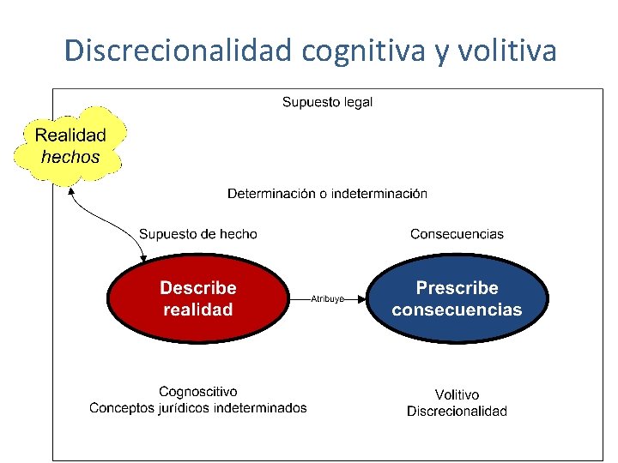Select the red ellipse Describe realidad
pyautogui.click(x=197, y=298)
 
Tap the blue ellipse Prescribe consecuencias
pyautogui.click(x=457, y=298)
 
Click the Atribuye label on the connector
pyautogui.click(x=327, y=299)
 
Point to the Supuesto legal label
pyautogui.click(x=327, y=102)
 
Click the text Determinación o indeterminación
pyautogui.click(x=327, y=194)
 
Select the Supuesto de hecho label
pyautogui.click(x=197, y=234)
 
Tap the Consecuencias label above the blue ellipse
pyautogui.click(x=457, y=234)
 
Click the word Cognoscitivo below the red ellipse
pyautogui.click(x=198, y=392)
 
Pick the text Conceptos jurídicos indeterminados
pyautogui.click(x=198, y=408)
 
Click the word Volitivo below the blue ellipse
pyautogui.click(x=457, y=395)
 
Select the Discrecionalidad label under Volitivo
pyautogui.click(x=457, y=412)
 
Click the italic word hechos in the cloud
pyautogui.click(x=70, y=157)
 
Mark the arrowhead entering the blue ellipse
pyautogui.click(x=363, y=299)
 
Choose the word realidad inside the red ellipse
pyautogui.click(x=197, y=310)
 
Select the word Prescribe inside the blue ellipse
pyautogui.click(x=457, y=288)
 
